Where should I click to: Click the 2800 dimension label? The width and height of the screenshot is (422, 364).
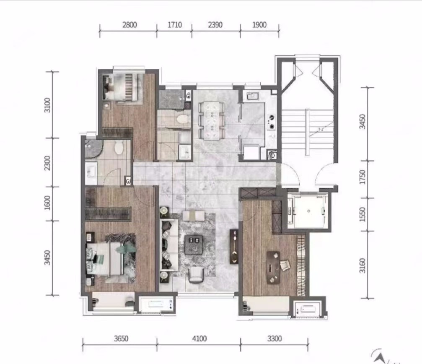point(129,25)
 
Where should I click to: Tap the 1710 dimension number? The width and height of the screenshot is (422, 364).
point(175,25)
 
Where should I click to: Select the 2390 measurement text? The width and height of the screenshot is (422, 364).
point(215,25)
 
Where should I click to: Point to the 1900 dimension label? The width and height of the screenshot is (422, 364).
point(259,25)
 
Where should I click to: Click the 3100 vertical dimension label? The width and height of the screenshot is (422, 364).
point(47,105)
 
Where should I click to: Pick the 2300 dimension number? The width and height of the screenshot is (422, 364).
point(47,163)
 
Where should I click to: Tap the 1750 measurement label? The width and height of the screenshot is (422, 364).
point(363,177)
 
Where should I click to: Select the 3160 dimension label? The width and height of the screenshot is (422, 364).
point(363,265)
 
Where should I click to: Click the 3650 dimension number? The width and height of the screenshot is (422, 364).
point(121,338)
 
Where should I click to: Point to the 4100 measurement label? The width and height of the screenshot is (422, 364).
point(199,338)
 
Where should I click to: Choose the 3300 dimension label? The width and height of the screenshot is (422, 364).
point(274,338)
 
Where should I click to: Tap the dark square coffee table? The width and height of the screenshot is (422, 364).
point(194,244)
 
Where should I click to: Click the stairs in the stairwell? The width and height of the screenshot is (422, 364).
point(307,133)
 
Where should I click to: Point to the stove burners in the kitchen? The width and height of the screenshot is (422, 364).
point(272,122)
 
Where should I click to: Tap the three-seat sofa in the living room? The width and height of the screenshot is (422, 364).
point(169,244)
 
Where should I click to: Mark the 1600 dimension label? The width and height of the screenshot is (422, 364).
point(47,203)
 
